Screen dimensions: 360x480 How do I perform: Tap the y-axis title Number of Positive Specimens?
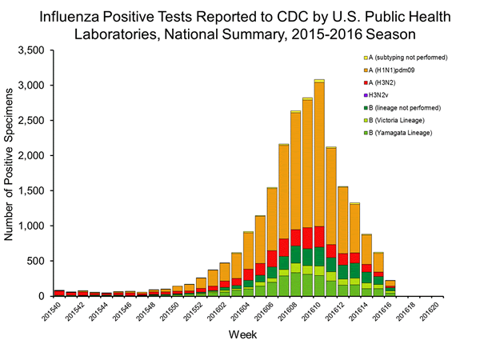pos(10,173)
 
